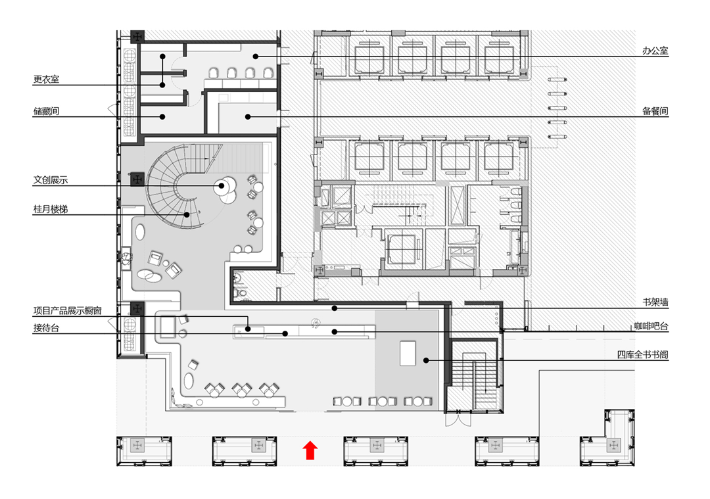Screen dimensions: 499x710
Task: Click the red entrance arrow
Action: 310,450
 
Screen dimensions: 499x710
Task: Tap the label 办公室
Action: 655,51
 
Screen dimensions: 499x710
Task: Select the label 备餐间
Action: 655,111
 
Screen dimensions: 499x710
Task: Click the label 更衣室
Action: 46,79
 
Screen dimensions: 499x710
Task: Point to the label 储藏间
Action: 46,111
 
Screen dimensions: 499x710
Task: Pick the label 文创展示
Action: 51,179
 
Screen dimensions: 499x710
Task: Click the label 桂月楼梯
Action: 51,208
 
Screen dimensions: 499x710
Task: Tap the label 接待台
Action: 46,327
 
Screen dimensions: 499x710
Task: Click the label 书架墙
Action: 655,302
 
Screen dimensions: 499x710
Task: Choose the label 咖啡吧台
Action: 651,325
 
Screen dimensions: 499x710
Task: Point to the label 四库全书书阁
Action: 642,355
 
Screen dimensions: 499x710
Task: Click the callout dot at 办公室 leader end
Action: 257,57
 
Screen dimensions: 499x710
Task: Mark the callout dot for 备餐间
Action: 248,117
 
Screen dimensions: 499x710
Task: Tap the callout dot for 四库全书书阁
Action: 426,360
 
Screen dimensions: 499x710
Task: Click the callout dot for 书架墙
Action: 334,308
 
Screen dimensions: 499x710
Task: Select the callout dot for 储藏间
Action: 162,117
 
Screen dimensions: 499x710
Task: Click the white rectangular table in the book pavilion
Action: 409,353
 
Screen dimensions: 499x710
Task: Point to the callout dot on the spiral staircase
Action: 187,214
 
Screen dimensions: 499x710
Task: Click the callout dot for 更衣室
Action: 162,84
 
